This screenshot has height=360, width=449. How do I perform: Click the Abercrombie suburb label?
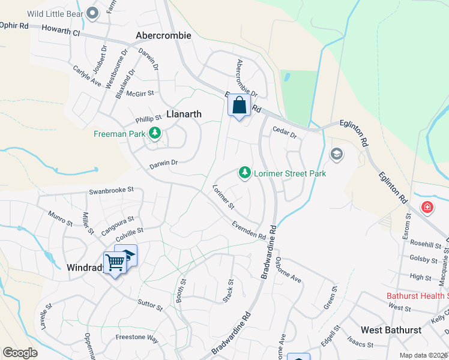(x=163, y=35)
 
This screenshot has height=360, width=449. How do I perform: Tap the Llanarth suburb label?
(x=175, y=113)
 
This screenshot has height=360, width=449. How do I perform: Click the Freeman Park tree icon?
(x=155, y=133)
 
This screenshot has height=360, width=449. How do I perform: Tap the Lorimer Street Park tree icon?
(x=245, y=173)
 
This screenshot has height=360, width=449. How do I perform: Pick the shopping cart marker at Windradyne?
(x=114, y=262)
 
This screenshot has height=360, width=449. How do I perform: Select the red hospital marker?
(x=427, y=208)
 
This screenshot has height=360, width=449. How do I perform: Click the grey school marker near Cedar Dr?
(x=336, y=154)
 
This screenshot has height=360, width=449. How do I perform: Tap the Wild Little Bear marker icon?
(x=92, y=13)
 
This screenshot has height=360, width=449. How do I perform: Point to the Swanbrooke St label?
(x=111, y=190)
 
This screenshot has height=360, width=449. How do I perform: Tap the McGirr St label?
(x=140, y=93)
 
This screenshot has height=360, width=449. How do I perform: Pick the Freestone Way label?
(x=136, y=339)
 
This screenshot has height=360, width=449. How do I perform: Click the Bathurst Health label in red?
(x=417, y=296)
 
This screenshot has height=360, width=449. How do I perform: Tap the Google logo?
(x=20, y=353)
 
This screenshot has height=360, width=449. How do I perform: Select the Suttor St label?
(x=150, y=307)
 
